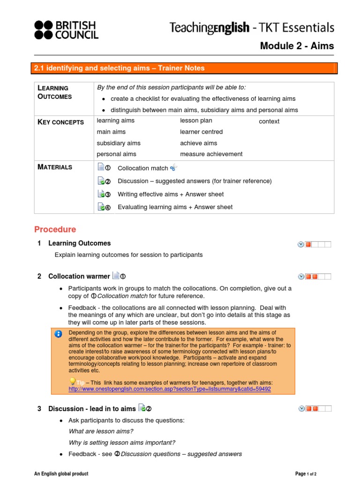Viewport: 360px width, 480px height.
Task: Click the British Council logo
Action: point(66,30)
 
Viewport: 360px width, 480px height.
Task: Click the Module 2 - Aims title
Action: point(297,45)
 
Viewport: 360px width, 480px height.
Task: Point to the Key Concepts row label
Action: point(60,122)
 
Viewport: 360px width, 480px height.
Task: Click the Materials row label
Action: point(55,167)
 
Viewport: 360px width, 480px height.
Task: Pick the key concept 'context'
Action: point(269,121)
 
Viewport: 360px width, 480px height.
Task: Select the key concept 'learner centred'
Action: point(201,132)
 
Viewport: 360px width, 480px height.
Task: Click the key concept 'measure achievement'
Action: point(211,154)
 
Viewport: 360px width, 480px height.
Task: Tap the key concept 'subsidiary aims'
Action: point(119,143)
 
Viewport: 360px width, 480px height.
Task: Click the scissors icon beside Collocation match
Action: point(173,167)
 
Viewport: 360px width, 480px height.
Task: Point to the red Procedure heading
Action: point(55,229)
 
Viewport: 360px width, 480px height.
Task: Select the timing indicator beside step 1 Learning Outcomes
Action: point(314,244)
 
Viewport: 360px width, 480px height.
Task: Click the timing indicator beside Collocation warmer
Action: point(314,277)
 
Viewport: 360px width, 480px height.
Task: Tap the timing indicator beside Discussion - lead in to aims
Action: point(314,409)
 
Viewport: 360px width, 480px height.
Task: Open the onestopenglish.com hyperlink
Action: point(169,389)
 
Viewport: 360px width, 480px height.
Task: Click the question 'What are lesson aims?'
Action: point(101,431)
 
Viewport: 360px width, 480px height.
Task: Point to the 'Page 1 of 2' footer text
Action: point(309,474)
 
